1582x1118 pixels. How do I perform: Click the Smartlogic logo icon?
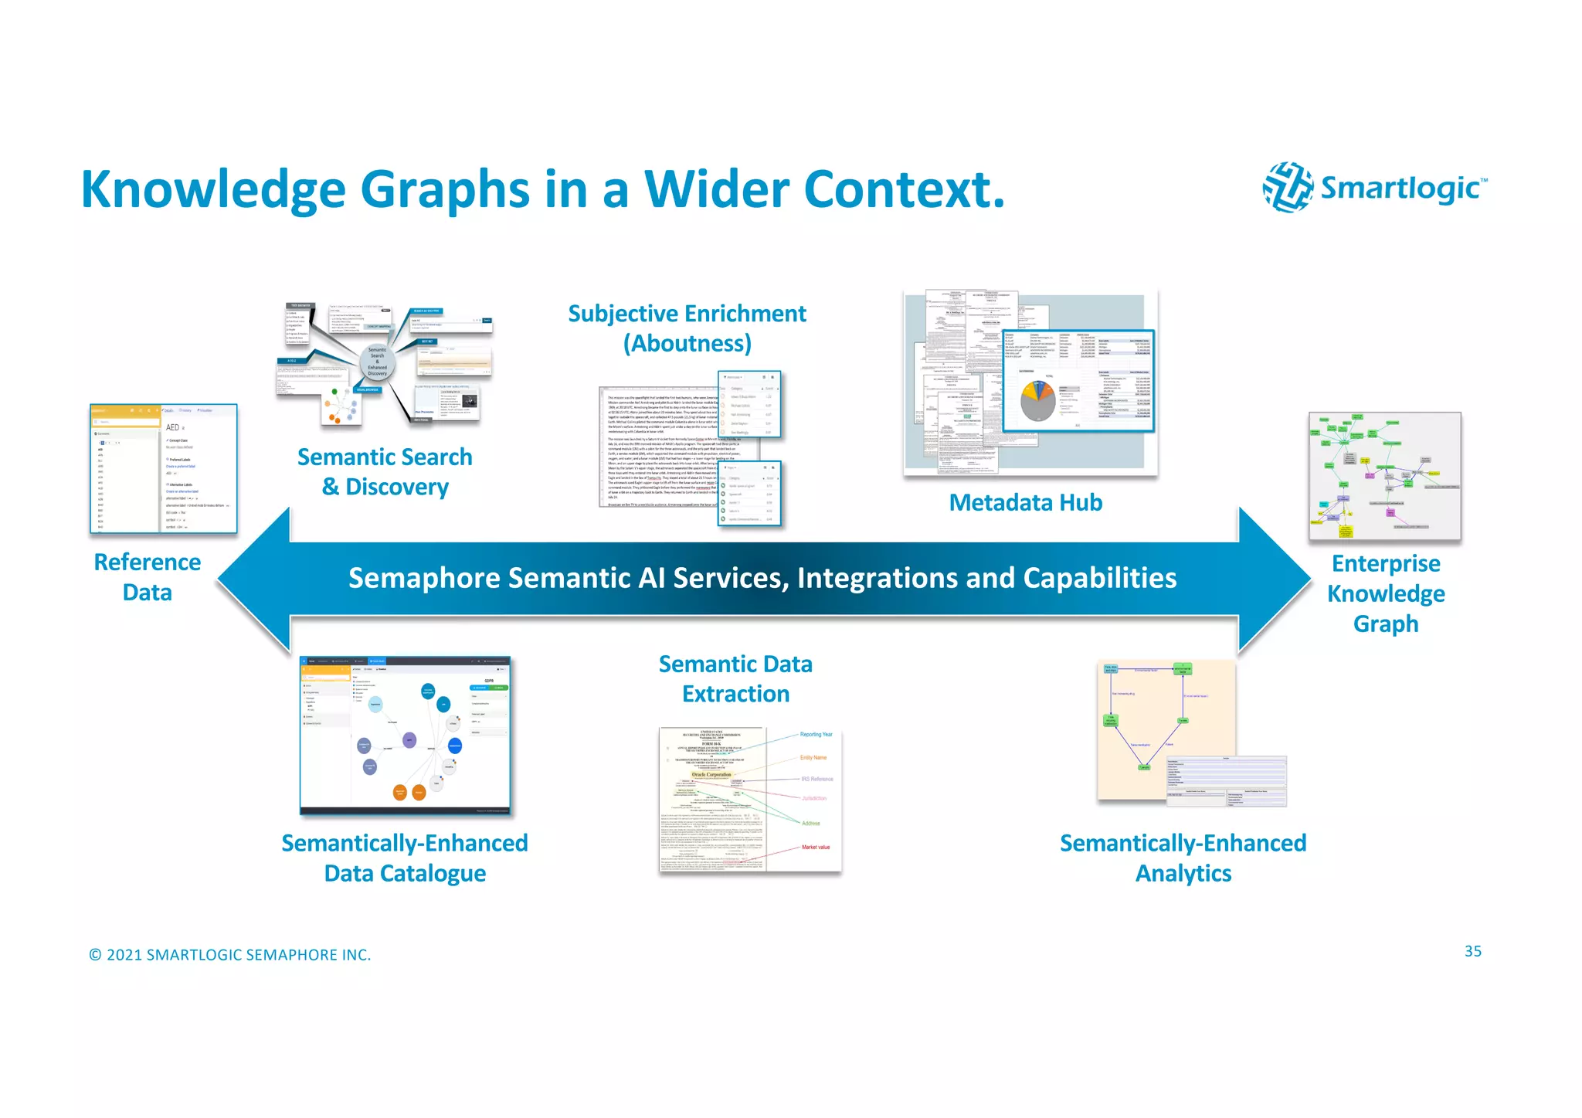pyautogui.click(x=1287, y=187)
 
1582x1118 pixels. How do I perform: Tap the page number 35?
pyautogui.click(x=1472, y=951)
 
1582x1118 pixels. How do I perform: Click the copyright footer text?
pyautogui.click(x=230, y=955)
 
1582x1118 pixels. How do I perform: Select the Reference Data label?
pyautogui.click(x=147, y=577)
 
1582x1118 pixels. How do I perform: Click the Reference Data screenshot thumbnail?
pyautogui.click(x=163, y=469)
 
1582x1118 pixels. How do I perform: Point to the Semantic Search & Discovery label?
pyautogui.click(x=385, y=472)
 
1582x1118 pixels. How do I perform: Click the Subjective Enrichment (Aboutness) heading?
pyautogui.click(x=687, y=328)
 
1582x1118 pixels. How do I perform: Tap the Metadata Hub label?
pyautogui.click(x=1025, y=503)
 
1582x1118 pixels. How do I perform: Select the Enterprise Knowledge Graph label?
pyautogui.click(x=1386, y=593)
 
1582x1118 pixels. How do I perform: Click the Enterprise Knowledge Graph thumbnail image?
pyautogui.click(x=1384, y=477)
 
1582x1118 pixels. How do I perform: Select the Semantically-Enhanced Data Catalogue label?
pyautogui.click(x=405, y=858)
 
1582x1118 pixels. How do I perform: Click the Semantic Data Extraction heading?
pyautogui.click(x=735, y=679)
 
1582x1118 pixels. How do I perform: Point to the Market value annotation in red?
pyautogui.click(x=815, y=848)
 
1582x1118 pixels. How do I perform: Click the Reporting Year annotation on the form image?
pyautogui.click(x=816, y=735)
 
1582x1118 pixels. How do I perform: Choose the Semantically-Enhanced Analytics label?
pyautogui.click(x=1183, y=858)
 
